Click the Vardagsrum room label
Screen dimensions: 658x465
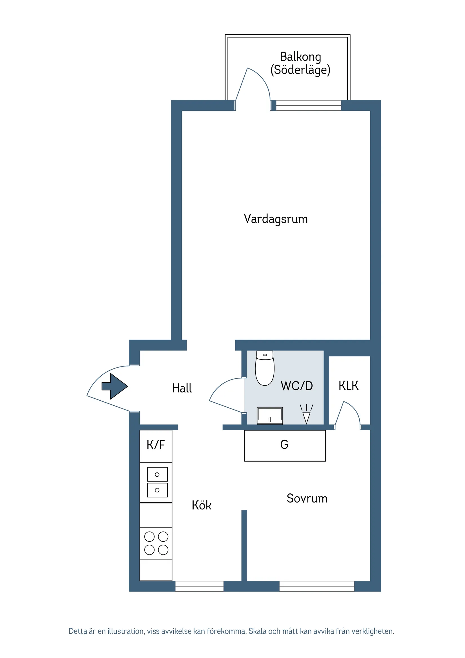(276, 219)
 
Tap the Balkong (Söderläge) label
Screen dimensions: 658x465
(300, 63)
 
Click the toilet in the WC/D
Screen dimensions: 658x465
(265, 370)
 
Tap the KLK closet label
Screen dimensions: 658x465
(348, 386)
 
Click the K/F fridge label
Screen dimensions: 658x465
(156, 445)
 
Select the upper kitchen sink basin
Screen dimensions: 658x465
(157, 474)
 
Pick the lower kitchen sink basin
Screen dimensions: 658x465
(157, 490)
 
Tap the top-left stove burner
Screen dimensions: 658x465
(149, 536)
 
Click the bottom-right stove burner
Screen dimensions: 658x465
(163, 550)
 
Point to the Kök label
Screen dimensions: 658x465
(201, 505)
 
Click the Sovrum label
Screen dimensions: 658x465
(307, 499)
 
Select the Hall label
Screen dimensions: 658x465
(182, 388)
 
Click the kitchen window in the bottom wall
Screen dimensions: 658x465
(200, 586)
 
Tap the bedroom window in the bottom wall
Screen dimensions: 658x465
(316, 586)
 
